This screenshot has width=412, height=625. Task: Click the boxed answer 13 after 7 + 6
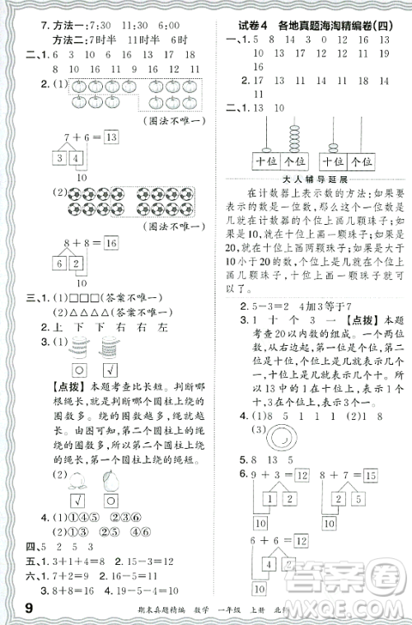tap(112, 137)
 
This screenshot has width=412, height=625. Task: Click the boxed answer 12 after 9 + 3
tap(304, 474)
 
